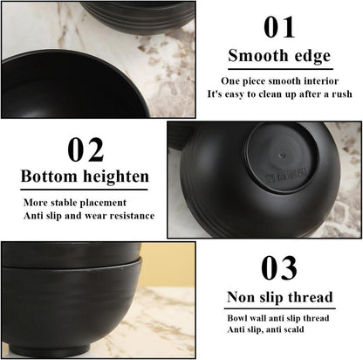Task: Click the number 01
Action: (279, 27)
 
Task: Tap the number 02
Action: (86, 149)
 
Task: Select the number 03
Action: (279, 268)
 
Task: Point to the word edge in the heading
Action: (312, 57)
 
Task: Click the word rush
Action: (342, 94)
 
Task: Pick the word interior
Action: (321, 80)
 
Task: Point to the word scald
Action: (293, 329)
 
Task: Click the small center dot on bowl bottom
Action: (281, 156)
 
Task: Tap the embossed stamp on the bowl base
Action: (286, 176)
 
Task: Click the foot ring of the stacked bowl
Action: (49, 349)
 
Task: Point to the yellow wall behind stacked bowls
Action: (167, 265)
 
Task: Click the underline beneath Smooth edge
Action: (280, 69)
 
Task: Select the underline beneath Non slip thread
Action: (279, 308)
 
